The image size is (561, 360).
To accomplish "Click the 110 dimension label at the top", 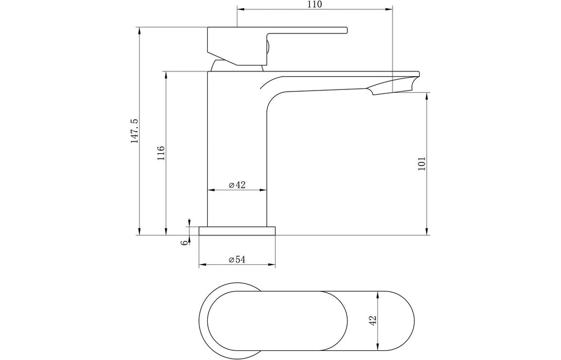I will click(x=314, y=5).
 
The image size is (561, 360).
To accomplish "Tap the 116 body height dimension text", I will click(x=160, y=153).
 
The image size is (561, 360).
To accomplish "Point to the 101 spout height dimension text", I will click(x=422, y=164).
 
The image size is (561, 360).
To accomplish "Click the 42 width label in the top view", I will click(x=374, y=319).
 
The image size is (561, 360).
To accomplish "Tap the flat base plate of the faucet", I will click(x=237, y=230).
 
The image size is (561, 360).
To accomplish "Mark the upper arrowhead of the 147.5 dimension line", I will click(x=139, y=30).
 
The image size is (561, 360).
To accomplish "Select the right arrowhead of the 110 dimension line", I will click(x=389, y=9).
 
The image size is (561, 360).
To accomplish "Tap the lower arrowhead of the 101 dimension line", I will click(x=426, y=232).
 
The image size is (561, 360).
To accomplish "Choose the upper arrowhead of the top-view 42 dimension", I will click(x=378, y=294).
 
